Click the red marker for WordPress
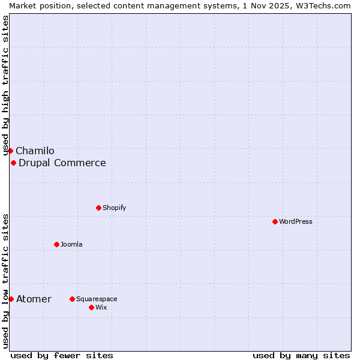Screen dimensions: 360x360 (x=275, y=221)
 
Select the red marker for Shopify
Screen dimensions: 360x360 (x=99, y=208)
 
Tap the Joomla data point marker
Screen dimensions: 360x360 (x=57, y=244)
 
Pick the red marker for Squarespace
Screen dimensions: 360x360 (x=73, y=299)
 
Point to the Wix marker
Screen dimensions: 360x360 (x=92, y=307)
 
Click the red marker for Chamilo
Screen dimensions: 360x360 (x=10, y=151)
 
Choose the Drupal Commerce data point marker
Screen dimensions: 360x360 (x=13, y=163)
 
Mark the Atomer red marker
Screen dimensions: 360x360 (x=11, y=299)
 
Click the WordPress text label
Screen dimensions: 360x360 (x=296, y=221)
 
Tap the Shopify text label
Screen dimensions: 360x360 (x=115, y=208)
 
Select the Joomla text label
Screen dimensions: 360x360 (x=72, y=244)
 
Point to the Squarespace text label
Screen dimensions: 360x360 (x=97, y=299)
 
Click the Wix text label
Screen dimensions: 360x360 (x=101, y=307)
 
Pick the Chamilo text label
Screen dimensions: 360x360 (x=35, y=151)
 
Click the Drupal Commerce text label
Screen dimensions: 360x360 (x=62, y=163)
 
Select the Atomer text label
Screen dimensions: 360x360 (x=34, y=299)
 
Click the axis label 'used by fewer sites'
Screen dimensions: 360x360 (x=62, y=355)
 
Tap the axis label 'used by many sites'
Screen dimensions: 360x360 (x=301, y=355)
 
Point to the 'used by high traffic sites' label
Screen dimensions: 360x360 (x=5, y=84)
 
